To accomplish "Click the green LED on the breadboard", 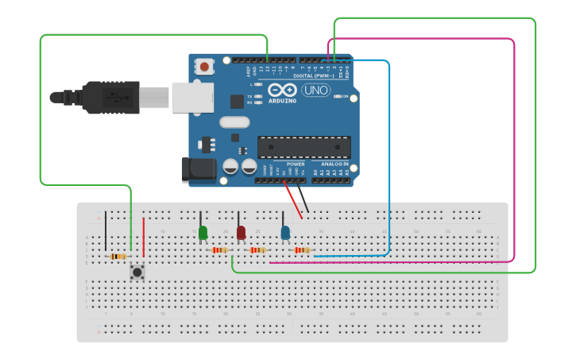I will pyautogui.click(x=203, y=232).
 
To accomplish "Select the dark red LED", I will pyautogui.click(x=241, y=232).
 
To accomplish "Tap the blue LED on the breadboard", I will pyautogui.click(x=285, y=232).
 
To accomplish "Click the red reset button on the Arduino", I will pyautogui.click(x=205, y=67).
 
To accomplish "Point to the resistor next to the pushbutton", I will pyautogui.click(x=118, y=256).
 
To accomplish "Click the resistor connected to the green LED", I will pyautogui.click(x=219, y=250).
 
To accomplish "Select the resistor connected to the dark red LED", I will pyautogui.click(x=257, y=250).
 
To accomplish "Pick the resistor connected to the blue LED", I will pyautogui.click(x=302, y=250).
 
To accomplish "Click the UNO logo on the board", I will pyautogui.click(x=315, y=90).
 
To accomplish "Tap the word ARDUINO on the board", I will pyautogui.click(x=282, y=101).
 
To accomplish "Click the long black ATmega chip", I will pyautogui.click(x=303, y=147).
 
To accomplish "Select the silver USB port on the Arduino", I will pyautogui.click(x=192, y=96).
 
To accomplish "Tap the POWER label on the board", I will pyautogui.click(x=284, y=164).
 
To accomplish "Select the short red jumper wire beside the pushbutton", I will pyautogui.click(x=144, y=237).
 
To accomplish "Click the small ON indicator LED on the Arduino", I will pyautogui.click(x=338, y=96).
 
